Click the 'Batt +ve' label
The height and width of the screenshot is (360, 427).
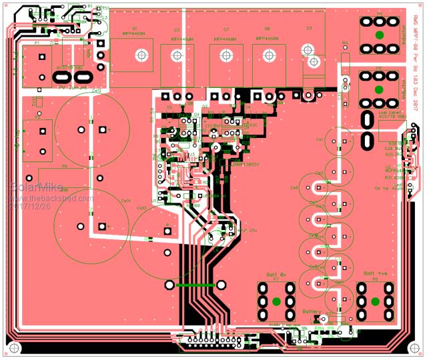[x=374, y=274]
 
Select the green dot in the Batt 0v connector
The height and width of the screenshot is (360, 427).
[x=276, y=301]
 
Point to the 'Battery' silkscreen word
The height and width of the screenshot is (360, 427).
[x=312, y=311]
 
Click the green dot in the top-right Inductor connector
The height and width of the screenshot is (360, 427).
[x=379, y=35]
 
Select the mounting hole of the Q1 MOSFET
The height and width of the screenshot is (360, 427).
[x=141, y=55]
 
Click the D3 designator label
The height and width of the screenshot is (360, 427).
[x=309, y=29]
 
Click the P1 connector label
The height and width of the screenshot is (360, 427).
[x=37, y=43]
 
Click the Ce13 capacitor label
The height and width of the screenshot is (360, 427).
[x=141, y=208]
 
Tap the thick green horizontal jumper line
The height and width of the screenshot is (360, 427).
[x=194, y=285]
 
